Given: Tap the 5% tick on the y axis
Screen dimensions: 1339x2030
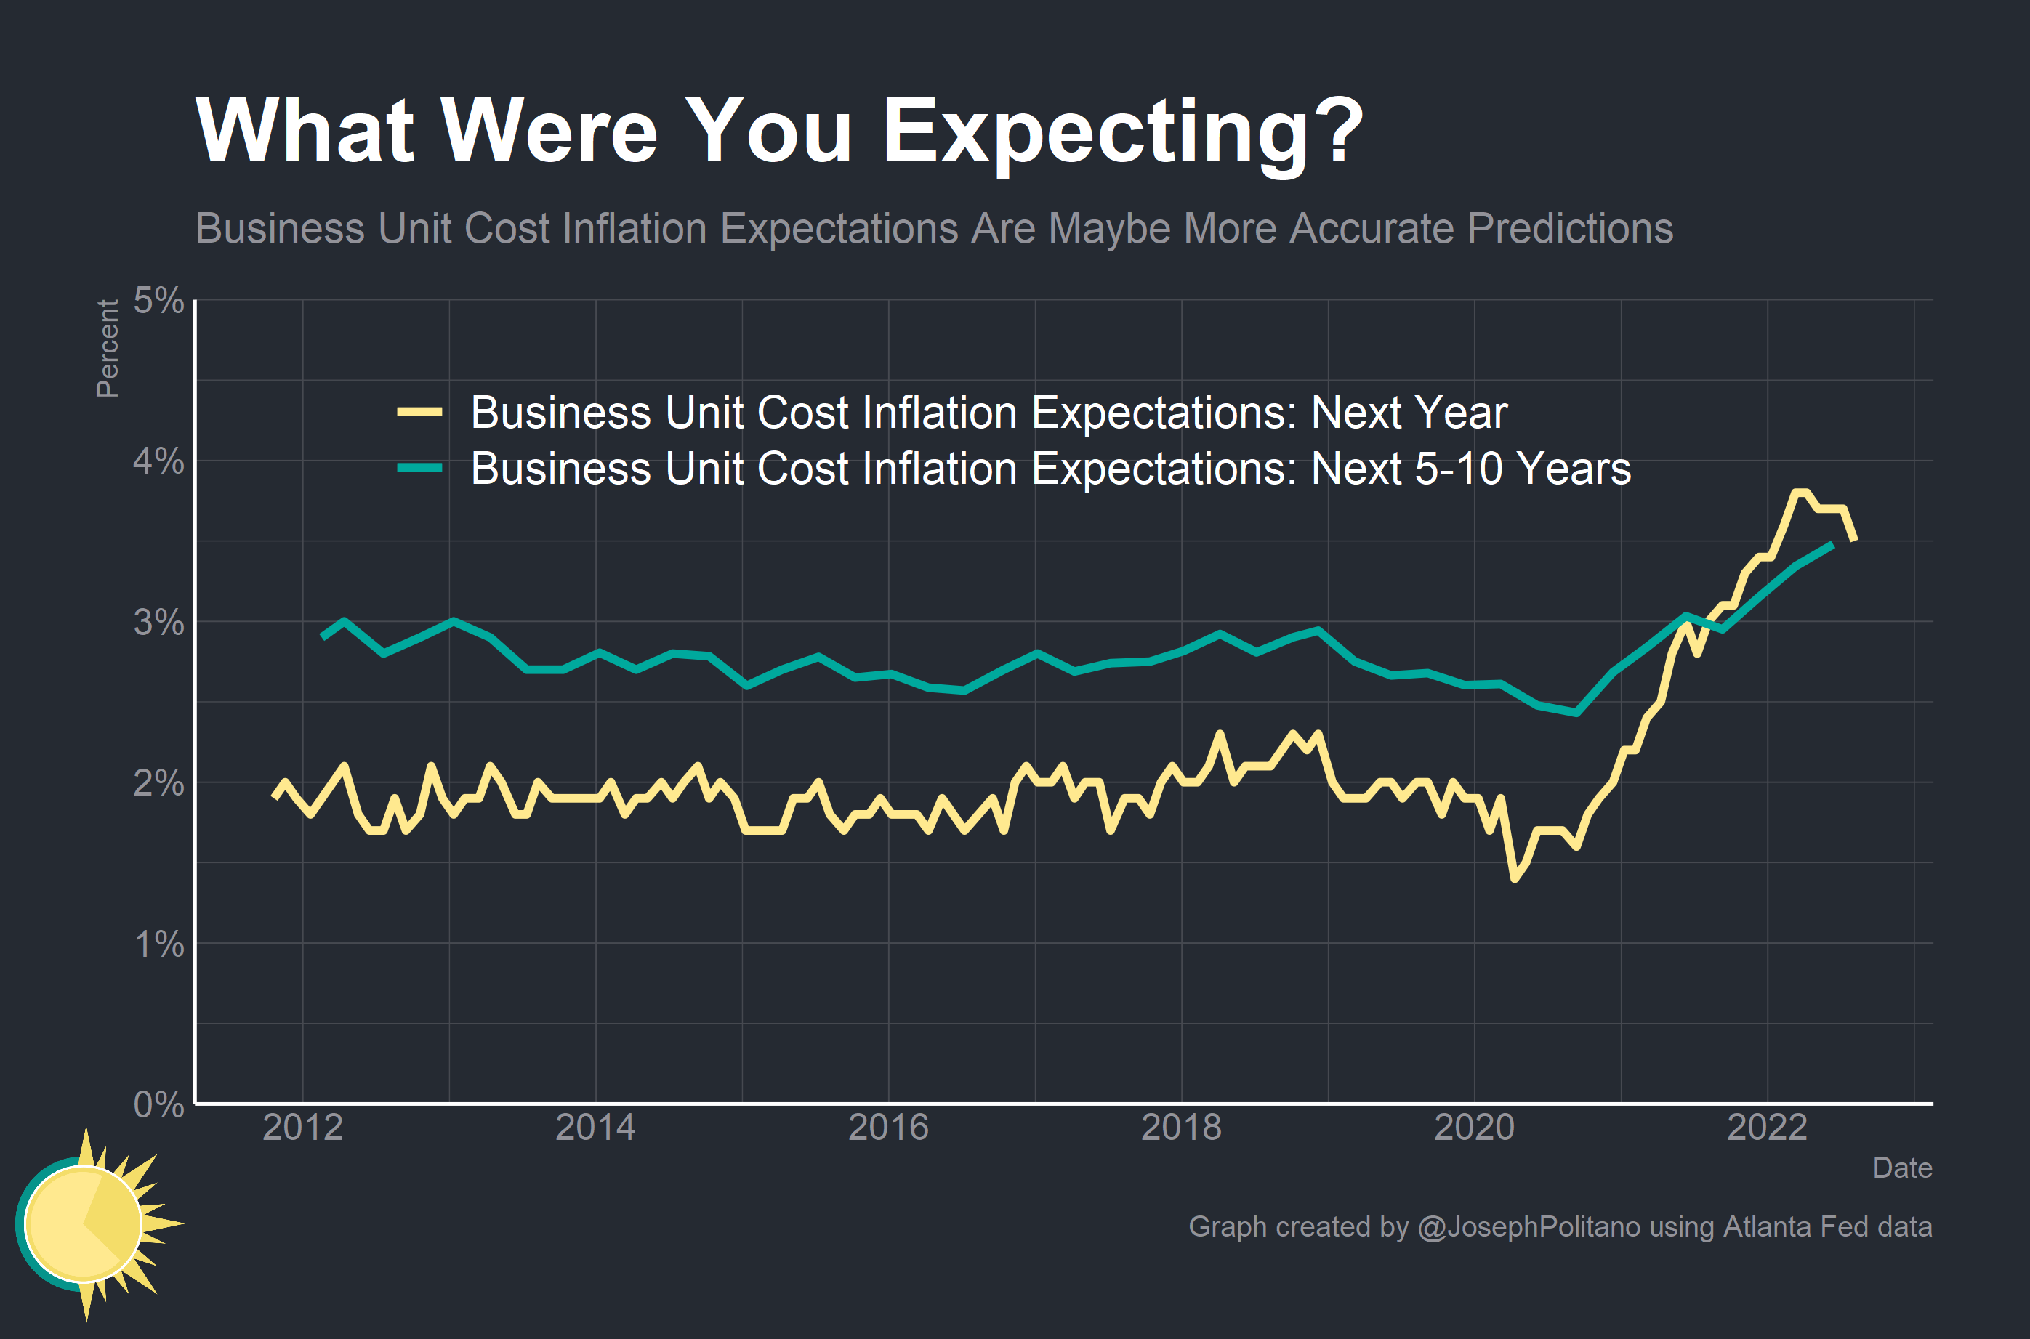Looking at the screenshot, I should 159,301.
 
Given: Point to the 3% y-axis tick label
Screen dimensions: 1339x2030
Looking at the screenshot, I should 159,623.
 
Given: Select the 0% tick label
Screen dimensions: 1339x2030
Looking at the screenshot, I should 159,1105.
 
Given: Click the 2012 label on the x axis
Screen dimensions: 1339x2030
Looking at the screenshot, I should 302,1128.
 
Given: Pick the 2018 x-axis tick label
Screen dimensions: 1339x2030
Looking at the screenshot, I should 1181,1128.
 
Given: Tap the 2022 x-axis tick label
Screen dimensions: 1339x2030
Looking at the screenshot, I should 1767,1128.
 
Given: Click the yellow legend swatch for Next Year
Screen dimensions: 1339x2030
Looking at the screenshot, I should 419,413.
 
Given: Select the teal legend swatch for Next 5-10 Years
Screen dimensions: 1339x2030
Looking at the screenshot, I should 419,468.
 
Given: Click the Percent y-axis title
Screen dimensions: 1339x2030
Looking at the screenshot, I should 108,349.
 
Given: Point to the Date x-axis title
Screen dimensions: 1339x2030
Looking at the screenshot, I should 1902,1168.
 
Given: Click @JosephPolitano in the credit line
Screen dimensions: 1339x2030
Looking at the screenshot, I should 1528,1227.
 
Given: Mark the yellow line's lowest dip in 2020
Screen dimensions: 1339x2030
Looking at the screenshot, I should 1514,878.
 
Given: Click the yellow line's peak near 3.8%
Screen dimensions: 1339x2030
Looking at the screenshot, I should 1800,493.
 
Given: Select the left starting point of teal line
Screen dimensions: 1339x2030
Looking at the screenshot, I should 322,637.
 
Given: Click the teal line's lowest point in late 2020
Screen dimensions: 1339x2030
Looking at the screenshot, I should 1576,712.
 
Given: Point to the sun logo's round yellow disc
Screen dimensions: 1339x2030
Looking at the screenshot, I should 83,1223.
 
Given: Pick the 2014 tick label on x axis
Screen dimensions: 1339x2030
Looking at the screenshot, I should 595,1128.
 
